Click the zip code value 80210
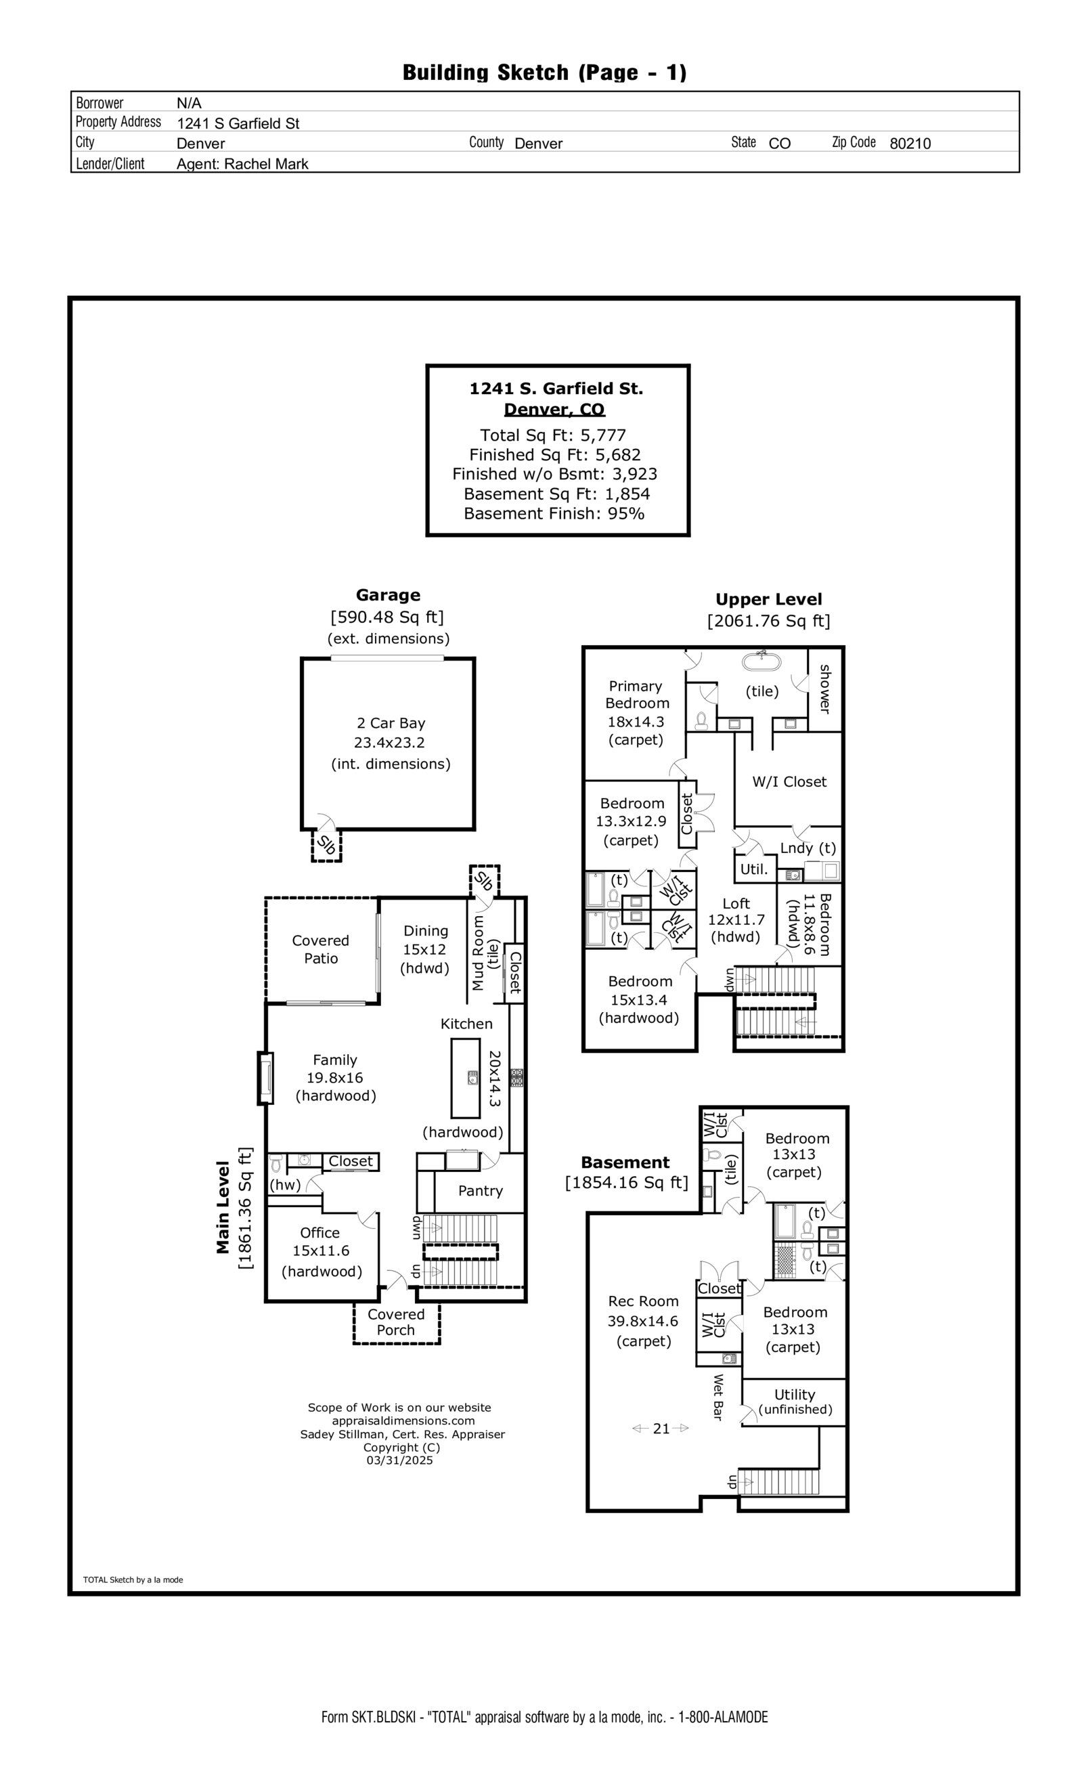(909, 144)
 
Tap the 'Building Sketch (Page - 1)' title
(544, 72)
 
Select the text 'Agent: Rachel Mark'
(242, 164)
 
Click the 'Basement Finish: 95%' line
(554, 513)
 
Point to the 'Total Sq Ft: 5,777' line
(552, 435)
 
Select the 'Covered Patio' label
(320, 949)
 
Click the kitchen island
(466, 1078)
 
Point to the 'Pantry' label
(480, 1191)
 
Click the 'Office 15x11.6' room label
(320, 1242)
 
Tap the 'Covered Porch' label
(395, 1322)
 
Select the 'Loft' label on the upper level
(736, 904)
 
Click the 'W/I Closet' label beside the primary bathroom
(789, 782)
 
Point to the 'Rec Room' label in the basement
(643, 1301)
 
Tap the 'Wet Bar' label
(718, 1397)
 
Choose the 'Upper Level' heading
(768, 599)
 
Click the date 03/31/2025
(399, 1460)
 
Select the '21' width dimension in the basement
(660, 1429)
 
